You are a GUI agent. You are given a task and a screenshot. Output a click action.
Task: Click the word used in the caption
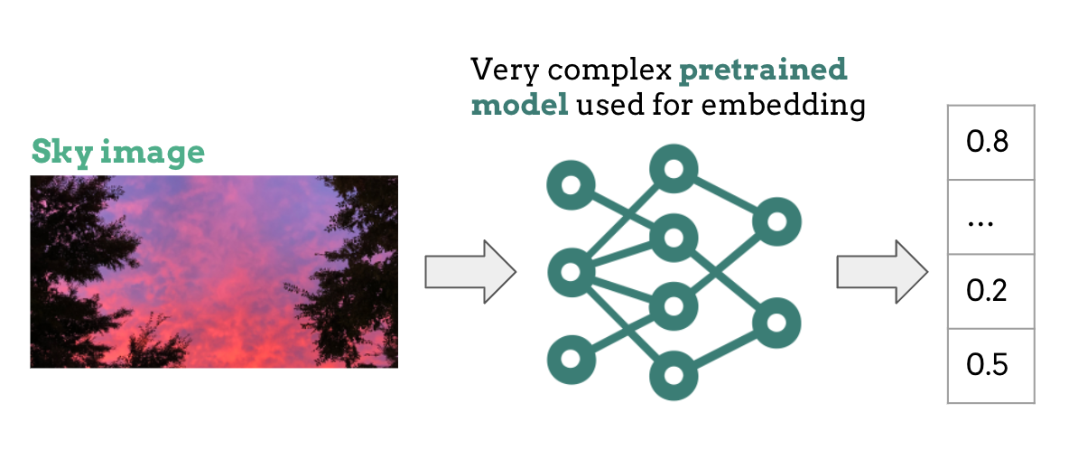pyautogui.click(x=605, y=106)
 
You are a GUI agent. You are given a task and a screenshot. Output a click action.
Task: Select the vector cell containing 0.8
pyautogui.click(x=990, y=143)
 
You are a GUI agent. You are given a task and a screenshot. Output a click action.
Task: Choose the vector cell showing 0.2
pyautogui.click(x=990, y=291)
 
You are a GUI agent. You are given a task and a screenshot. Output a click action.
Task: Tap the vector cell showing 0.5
pyautogui.click(x=990, y=365)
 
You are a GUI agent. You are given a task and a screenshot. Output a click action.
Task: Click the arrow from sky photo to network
pyautogui.click(x=469, y=271)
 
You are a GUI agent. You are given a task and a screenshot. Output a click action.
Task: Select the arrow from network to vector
pyautogui.click(x=881, y=271)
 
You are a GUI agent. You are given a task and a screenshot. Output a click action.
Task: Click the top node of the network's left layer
pyautogui.click(x=571, y=187)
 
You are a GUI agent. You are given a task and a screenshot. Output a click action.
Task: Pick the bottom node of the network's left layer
pyautogui.click(x=571, y=359)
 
